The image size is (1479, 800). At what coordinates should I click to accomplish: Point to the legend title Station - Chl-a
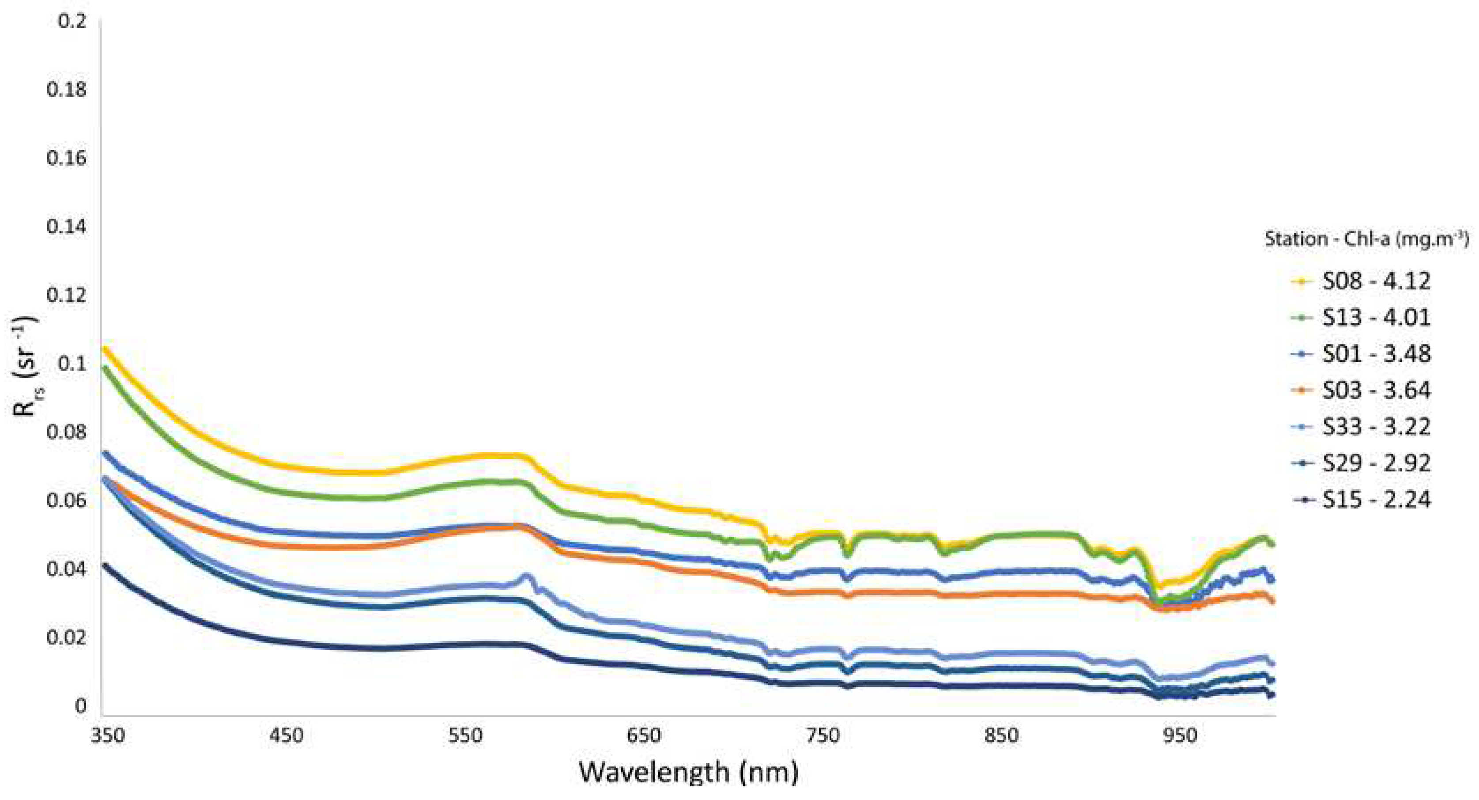click(x=1366, y=239)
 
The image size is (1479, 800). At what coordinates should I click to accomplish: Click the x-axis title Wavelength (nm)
click(x=688, y=771)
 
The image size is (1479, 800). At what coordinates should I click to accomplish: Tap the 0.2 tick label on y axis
click(x=72, y=21)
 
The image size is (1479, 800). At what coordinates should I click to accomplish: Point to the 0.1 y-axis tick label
click(x=72, y=364)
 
